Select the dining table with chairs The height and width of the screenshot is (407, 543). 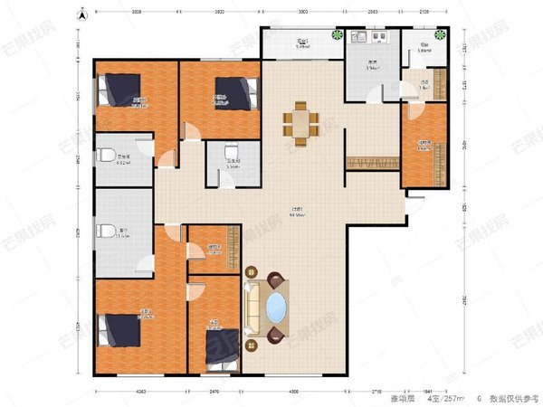tap(300, 122)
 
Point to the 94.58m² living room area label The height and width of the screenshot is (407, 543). tap(297, 213)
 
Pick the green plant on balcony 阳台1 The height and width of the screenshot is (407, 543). tap(337, 36)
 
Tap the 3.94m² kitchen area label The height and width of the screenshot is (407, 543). tap(371, 67)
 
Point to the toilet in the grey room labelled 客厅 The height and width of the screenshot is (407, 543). tap(107, 231)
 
